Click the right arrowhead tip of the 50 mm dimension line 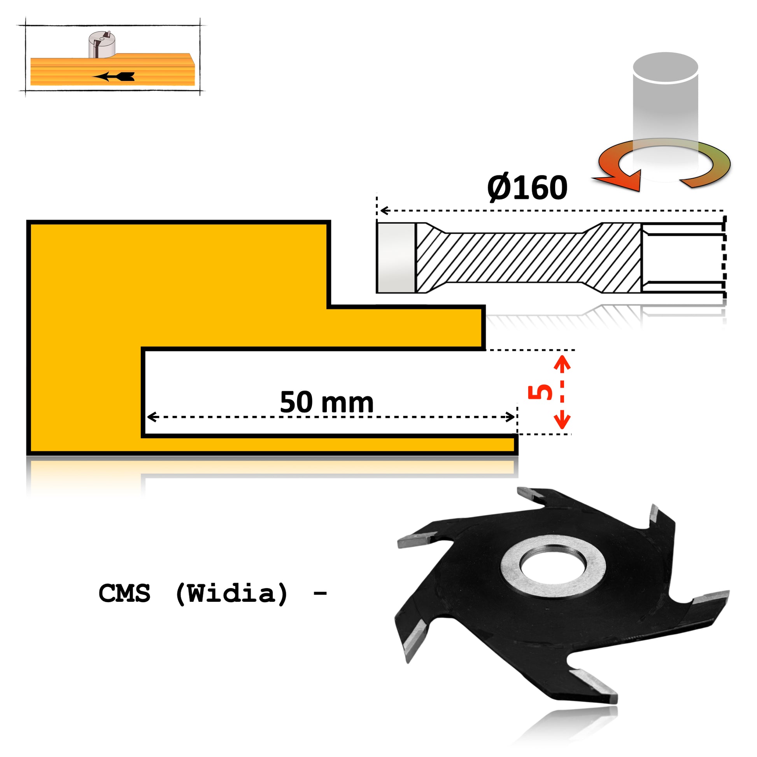click(x=515, y=417)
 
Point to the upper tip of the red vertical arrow click(x=562, y=356)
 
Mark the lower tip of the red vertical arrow click(x=562, y=429)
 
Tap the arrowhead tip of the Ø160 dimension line click(x=380, y=211)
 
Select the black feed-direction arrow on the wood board click(x=114, y=77)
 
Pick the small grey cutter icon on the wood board click(x=102, y=45)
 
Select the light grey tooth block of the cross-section click(x=395, y=258)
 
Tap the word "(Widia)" click(x=232, y=593)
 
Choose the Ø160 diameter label click(x=527, y=187)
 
